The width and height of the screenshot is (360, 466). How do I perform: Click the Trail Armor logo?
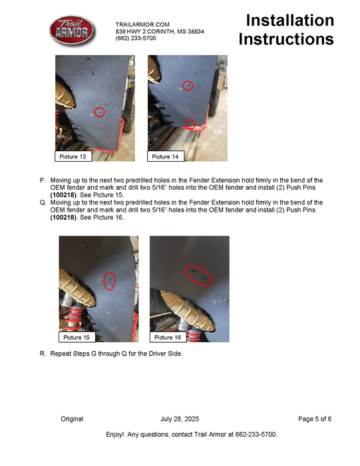click(x=72, y=31)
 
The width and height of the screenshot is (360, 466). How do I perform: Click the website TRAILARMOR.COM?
click(x=142, y=25)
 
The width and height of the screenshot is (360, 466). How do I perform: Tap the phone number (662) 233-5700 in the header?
click(x=136, y=39)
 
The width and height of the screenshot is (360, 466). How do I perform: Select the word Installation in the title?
click(x=290, y=21)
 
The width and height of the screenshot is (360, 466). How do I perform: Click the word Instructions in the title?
click(x=286, y=39)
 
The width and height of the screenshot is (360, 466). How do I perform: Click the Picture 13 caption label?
click(x=73, y=156)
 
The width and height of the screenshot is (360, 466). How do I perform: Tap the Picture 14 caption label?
click(x=165, y=156)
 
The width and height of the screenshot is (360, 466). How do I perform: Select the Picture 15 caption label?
click(x=77, y=337)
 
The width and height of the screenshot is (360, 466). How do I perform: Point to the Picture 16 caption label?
click(x=168, y=337)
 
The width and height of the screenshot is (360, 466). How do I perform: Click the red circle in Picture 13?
click(x=100, y=108)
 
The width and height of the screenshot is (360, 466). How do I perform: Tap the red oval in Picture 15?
click(x=104, y=281)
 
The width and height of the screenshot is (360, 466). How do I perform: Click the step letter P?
click(x=43, y=180)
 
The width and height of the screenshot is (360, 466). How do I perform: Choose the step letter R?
click(x=43, y=353)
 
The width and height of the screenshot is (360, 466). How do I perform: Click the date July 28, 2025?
click(x=180, y=419)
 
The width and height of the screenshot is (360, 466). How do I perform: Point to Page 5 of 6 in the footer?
click(x=315, y=419)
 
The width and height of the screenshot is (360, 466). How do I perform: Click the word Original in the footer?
click(x=72, y=419)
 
